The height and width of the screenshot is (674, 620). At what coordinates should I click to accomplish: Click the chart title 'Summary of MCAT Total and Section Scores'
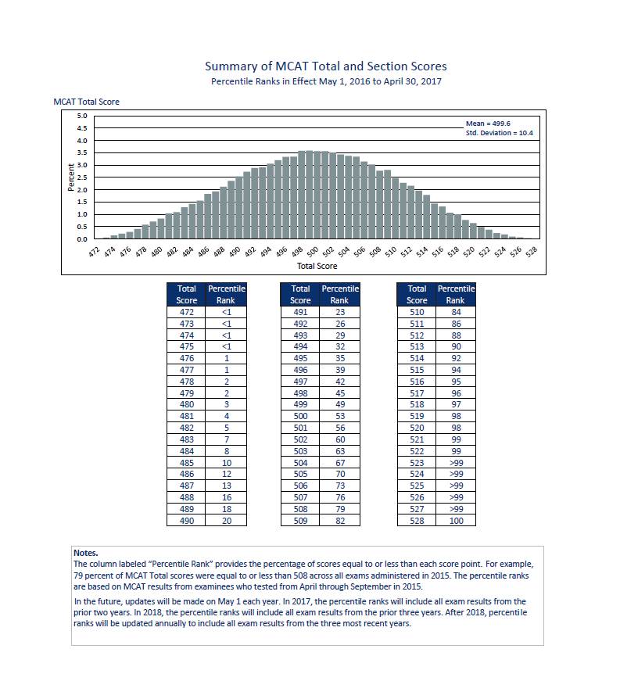(x=325, y=66)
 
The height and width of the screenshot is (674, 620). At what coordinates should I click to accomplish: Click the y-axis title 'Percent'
(x=71, y=177)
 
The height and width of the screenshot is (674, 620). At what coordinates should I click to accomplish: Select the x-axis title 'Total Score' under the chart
(x=313, y=266)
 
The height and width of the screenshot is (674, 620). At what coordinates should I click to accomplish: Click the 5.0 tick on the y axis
(x=82, y=116)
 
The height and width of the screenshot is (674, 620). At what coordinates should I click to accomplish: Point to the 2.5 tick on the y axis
(x=82, y=177)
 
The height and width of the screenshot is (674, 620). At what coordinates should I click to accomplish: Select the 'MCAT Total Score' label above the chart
(x=86, y=102)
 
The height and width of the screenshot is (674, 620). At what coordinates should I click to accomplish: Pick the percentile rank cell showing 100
(x=455, y=520)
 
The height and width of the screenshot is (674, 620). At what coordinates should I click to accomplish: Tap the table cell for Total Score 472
(x=186, y=312)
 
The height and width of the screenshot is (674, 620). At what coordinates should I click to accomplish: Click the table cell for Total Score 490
(x=186, y=520)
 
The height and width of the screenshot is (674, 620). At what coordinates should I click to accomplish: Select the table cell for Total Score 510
(x=417, y=312)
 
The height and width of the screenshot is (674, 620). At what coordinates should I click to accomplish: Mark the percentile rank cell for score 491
(x=339, y=312)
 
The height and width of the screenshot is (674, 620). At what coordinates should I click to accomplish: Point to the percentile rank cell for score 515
(x=455, y=369)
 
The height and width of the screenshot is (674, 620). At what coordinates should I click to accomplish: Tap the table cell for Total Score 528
(x=417, y=520)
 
